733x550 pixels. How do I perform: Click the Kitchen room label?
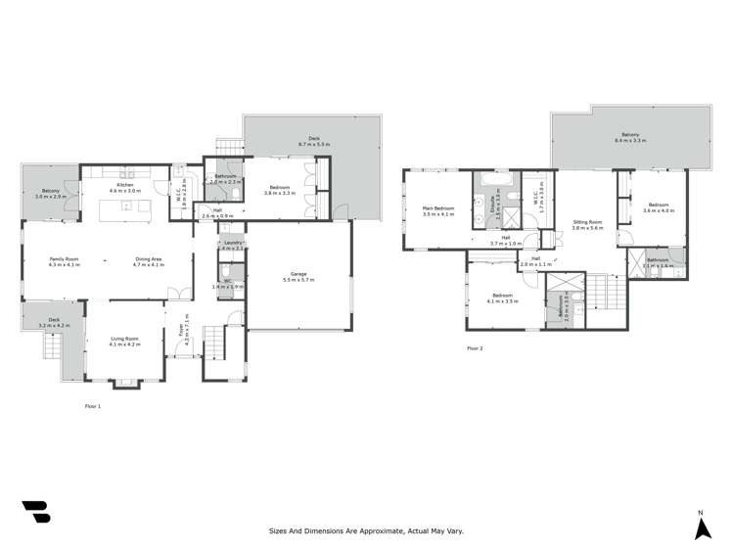[124, 184]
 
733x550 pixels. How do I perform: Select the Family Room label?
[65, 259]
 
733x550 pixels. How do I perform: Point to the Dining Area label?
[149, 259]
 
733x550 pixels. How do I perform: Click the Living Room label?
[124, 339]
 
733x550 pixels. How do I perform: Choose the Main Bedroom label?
[437, 207]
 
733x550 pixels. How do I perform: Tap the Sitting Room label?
[588, 222]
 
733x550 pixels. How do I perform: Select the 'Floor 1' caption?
[93, 405]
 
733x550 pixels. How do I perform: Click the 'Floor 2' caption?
[475, 348]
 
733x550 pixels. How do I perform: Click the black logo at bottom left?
[35, 514]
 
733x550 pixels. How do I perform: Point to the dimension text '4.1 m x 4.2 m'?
[124, 344]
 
